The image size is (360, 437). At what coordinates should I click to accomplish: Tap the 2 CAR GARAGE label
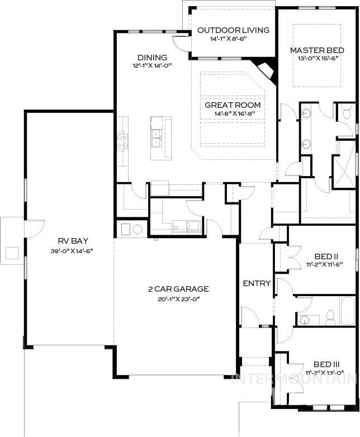tap(178, 289)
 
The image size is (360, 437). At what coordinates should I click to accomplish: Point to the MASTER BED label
tap(316, 50)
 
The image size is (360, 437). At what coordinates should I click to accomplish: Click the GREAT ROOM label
tap(233, 105)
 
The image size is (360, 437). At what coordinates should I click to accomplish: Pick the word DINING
tap(152, 57)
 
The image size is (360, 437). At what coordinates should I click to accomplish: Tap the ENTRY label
tap(257, 283)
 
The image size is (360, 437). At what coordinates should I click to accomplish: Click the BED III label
tap(321, 363)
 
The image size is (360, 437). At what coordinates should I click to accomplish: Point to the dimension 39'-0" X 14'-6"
tap(69, 251)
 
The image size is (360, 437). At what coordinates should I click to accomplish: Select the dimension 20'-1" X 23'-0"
tap(178, 299)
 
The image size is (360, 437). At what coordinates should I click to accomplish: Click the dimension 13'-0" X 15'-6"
tap(316, 59)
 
